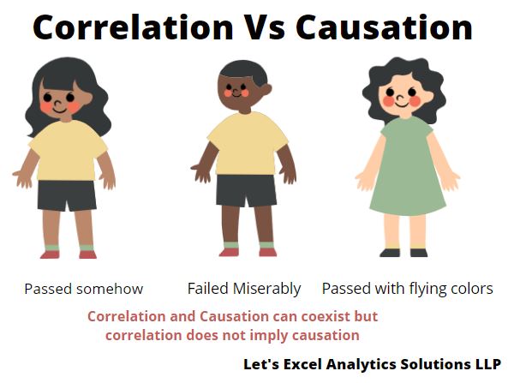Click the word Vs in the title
pos(264,27)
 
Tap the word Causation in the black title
pos(385,27)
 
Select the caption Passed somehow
pos(84,289)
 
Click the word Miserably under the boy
pos(267,289)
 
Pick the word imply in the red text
pos(270,335)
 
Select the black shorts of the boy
pos(246,190)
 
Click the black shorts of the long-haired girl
pos(67,195)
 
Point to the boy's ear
pos(267,89)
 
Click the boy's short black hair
pos(244,72)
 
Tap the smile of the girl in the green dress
pos(402,105)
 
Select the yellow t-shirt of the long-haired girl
pos(68,151)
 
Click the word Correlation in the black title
pos(133,27)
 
